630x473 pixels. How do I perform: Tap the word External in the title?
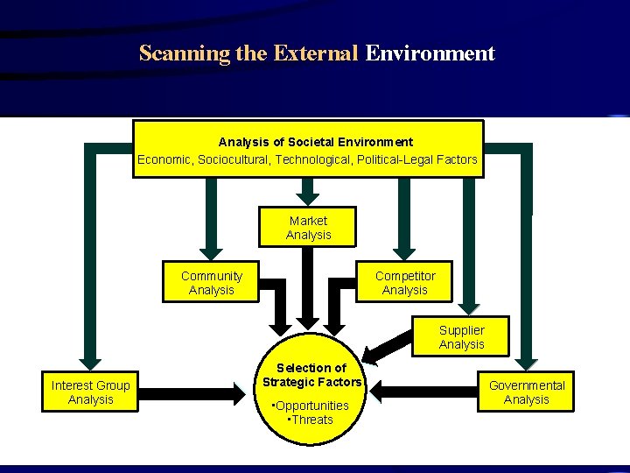coord(315,53)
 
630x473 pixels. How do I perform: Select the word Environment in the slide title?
coord(430,53)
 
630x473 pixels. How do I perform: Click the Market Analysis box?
coord(308,228)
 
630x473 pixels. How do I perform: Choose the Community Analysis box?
coord(211,283)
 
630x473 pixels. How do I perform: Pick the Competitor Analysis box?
coord(405,283)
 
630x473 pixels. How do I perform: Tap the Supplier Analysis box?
coord(461,337)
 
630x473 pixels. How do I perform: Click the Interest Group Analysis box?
coord(90,392)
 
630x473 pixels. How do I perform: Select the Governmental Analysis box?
coord(527,392)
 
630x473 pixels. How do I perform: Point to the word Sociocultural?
coord(234,159)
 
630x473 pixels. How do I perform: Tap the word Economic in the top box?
coord(164,159)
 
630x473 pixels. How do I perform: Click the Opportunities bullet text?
coord(311,406)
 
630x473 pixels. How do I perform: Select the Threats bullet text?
coord(311,420)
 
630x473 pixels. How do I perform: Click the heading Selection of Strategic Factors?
coord(311,375)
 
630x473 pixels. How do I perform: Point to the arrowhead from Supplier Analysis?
coord(371,355)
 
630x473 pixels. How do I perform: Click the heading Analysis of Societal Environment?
coord(315,142)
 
